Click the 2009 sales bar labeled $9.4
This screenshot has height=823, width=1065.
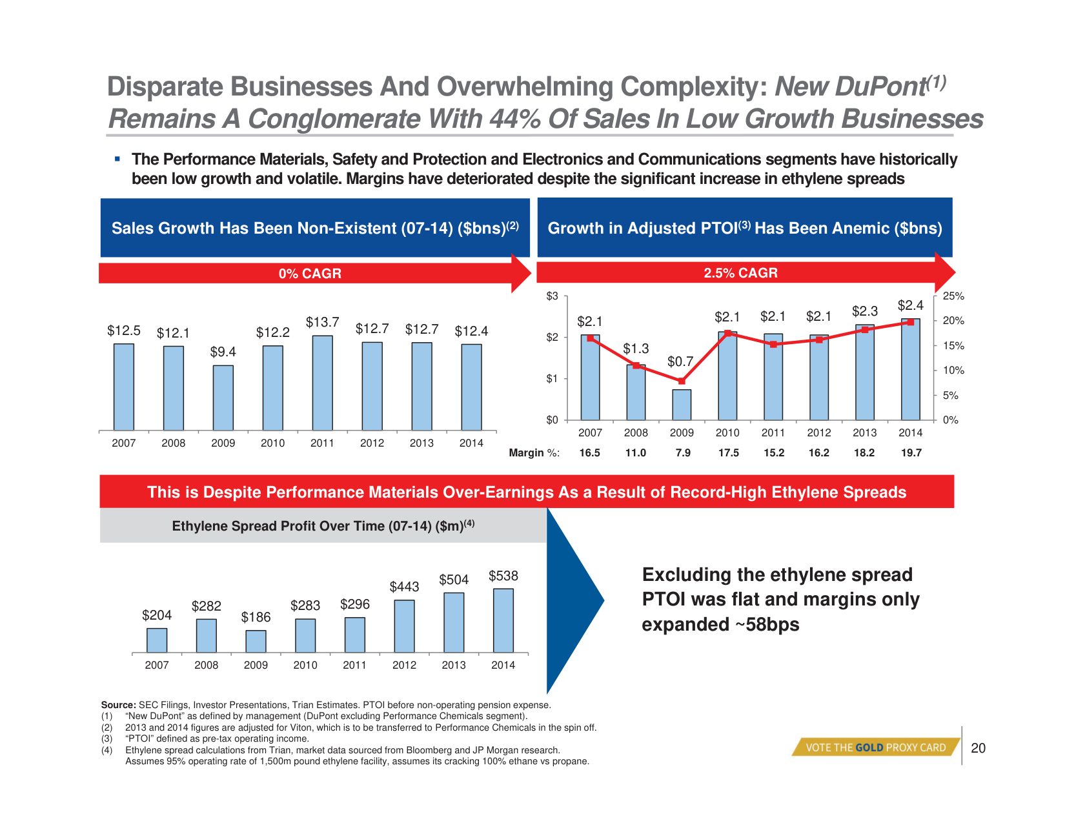[223, 397]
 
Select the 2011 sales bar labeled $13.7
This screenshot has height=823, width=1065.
[323, 382]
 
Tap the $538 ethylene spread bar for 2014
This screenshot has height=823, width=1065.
[503, 620]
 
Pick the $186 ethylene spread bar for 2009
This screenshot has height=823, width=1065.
[256, 641]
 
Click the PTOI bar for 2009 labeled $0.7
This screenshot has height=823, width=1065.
[682, 404]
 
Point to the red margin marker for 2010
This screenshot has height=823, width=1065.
[727, 333]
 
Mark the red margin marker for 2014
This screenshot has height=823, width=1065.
[911, 321]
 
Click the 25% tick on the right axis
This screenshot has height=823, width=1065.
[953, 296]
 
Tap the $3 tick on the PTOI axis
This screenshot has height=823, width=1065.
[553, 296]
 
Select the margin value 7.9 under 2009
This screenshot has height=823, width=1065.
[682, 453]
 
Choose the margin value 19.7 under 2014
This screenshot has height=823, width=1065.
[911, 453]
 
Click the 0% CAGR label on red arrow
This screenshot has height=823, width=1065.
[310, 274]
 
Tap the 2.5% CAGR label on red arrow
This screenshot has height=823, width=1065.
[740, 273]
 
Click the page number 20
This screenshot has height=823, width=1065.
[978, 748]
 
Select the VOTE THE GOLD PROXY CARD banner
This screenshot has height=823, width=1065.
[875, 747]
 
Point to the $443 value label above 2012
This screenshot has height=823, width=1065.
[404, 587]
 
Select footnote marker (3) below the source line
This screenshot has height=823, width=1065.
[107, 738]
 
